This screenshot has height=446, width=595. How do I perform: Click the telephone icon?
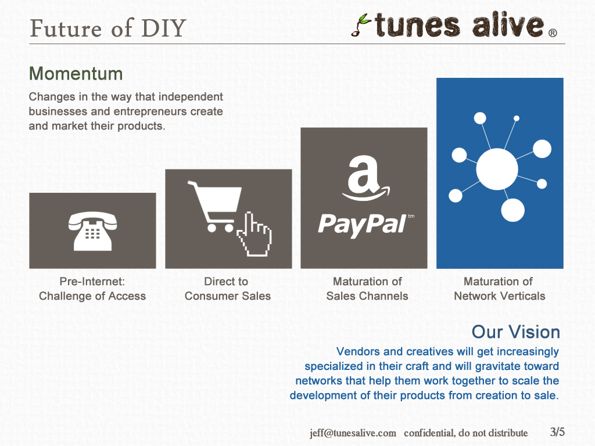coord(92,231)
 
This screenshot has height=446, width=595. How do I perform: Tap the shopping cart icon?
coord(214,207)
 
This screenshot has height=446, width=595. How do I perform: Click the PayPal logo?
coord(366,225)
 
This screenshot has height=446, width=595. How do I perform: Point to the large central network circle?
coord(497,169)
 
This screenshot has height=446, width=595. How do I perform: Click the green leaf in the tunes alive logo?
coord(365,19)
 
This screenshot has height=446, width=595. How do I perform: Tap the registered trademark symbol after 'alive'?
coord(553,33)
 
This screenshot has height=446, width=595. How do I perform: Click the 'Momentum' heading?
coord(76,74)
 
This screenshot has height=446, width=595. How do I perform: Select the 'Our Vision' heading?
coord(516,332)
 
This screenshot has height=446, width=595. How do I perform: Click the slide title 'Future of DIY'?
coord(107,28)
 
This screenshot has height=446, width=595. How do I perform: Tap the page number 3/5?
coord(557,431)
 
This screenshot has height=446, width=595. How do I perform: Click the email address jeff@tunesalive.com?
coord(353,433)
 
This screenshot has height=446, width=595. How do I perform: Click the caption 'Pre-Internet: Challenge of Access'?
coord(92,289)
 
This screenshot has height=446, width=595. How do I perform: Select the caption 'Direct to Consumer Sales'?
coord(228,289)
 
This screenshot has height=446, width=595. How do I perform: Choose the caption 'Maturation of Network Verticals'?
coord(499,289)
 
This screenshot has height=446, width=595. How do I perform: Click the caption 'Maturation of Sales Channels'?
coord(367,289)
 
